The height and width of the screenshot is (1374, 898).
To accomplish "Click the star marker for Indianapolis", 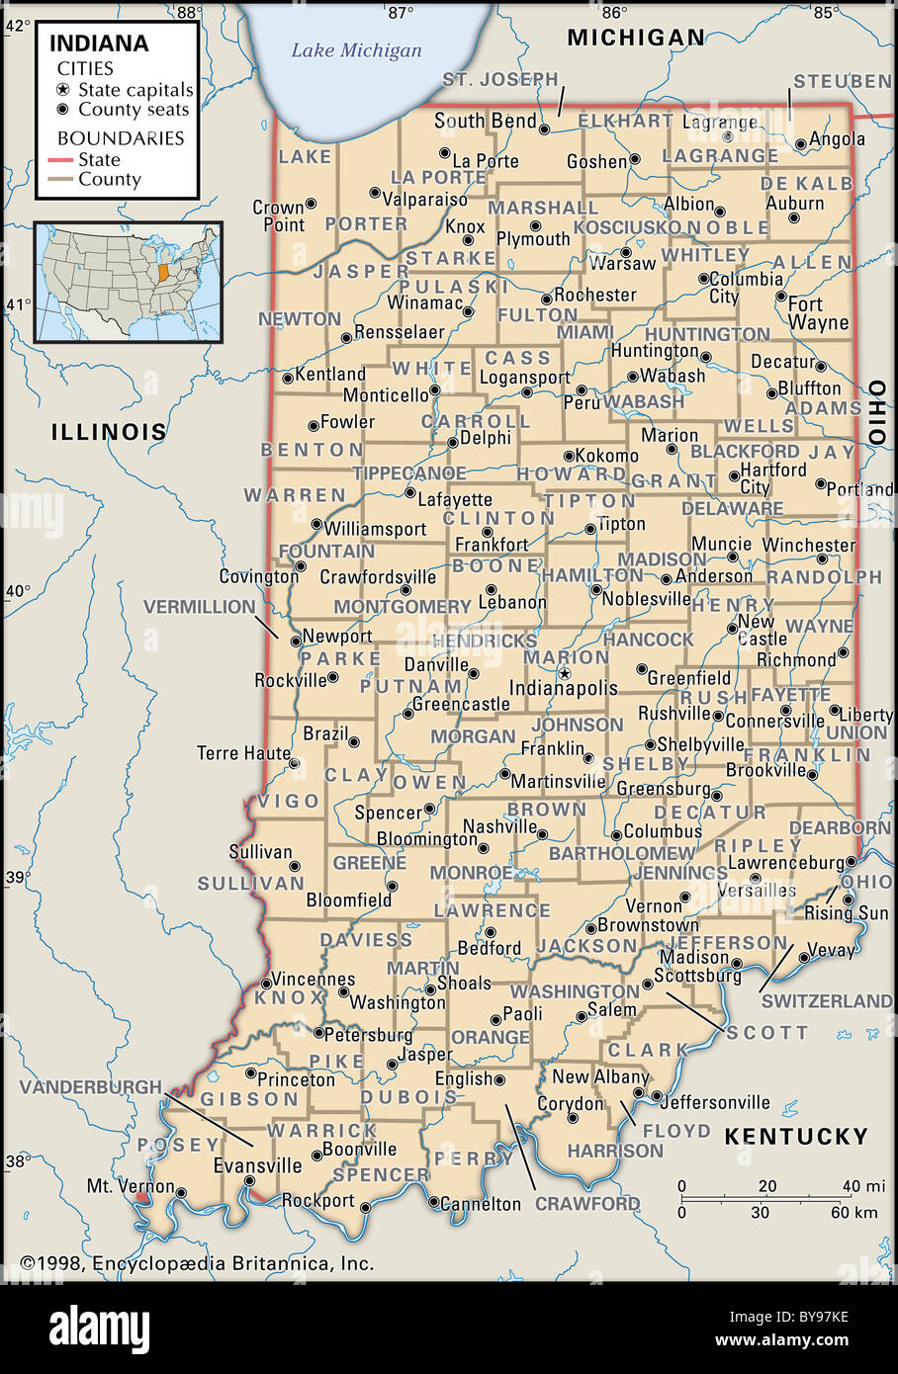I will [565, 673].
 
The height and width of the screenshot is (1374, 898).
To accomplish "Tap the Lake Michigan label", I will [356, 50].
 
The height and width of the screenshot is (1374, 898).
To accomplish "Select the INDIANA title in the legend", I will [99, 43].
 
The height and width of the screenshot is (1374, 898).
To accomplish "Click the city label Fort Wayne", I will [818, 313].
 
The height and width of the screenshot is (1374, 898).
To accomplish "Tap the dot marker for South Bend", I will [544, 128].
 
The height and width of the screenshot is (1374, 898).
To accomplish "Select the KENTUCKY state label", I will [796, 1137].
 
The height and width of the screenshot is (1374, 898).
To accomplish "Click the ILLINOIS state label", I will [109, 432].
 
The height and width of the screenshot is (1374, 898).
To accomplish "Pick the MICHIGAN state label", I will [636, 38].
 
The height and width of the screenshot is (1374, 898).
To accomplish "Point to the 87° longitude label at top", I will [400, 13].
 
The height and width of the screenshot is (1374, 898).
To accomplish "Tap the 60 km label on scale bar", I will [853, 1212].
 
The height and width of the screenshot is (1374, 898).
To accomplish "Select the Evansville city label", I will [258, 1165].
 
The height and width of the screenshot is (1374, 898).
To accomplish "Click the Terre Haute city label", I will [243, 753].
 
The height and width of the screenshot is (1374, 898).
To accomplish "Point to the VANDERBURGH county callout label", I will [90, 1087].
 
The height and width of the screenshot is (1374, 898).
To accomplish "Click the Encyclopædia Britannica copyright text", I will [198, 1263].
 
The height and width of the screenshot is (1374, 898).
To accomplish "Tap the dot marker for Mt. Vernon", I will [181, 1192].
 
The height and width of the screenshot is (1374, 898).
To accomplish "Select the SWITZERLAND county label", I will [826, 1001].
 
